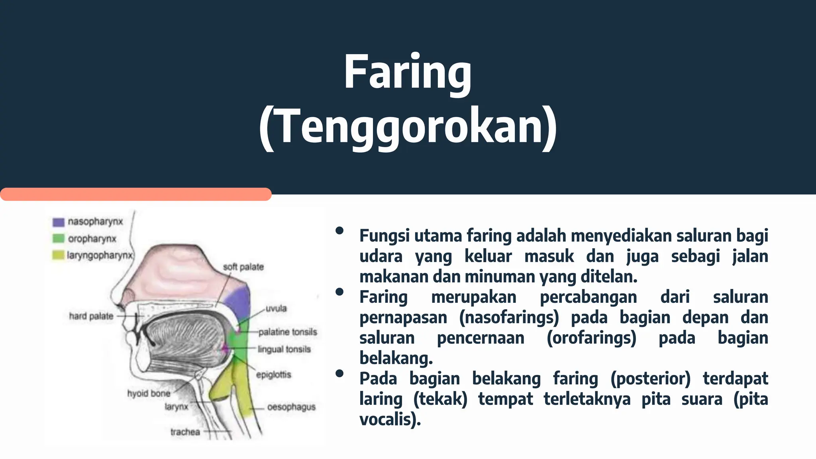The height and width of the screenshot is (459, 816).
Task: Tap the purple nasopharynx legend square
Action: point(58,222)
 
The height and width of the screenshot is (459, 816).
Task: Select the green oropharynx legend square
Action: point(58,239)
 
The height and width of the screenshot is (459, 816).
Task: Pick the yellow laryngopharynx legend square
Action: point(58,255)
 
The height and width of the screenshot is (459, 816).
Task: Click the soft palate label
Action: point(243,267)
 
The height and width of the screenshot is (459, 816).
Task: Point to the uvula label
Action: point(276,308)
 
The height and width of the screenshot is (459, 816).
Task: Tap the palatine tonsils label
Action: point(287,332)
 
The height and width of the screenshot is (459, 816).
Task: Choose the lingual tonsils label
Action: point(284,349)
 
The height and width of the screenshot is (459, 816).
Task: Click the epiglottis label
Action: point(273,375)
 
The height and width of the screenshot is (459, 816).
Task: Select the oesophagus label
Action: point(291,407)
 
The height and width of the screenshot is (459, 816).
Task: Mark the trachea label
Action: point(185,432)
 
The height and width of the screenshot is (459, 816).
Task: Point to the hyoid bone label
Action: point(149,394)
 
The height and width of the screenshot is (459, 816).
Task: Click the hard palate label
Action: point(91,316)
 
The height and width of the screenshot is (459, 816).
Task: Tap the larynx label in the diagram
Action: point(176,407)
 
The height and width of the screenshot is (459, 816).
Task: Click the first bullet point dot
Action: point(339,231)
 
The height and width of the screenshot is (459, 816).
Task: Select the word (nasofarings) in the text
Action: point(509,318)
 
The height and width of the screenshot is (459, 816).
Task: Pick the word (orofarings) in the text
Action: point(591,338)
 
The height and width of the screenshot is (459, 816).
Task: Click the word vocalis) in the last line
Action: point(390,419)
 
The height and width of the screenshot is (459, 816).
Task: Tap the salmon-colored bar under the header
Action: point(135,194)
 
